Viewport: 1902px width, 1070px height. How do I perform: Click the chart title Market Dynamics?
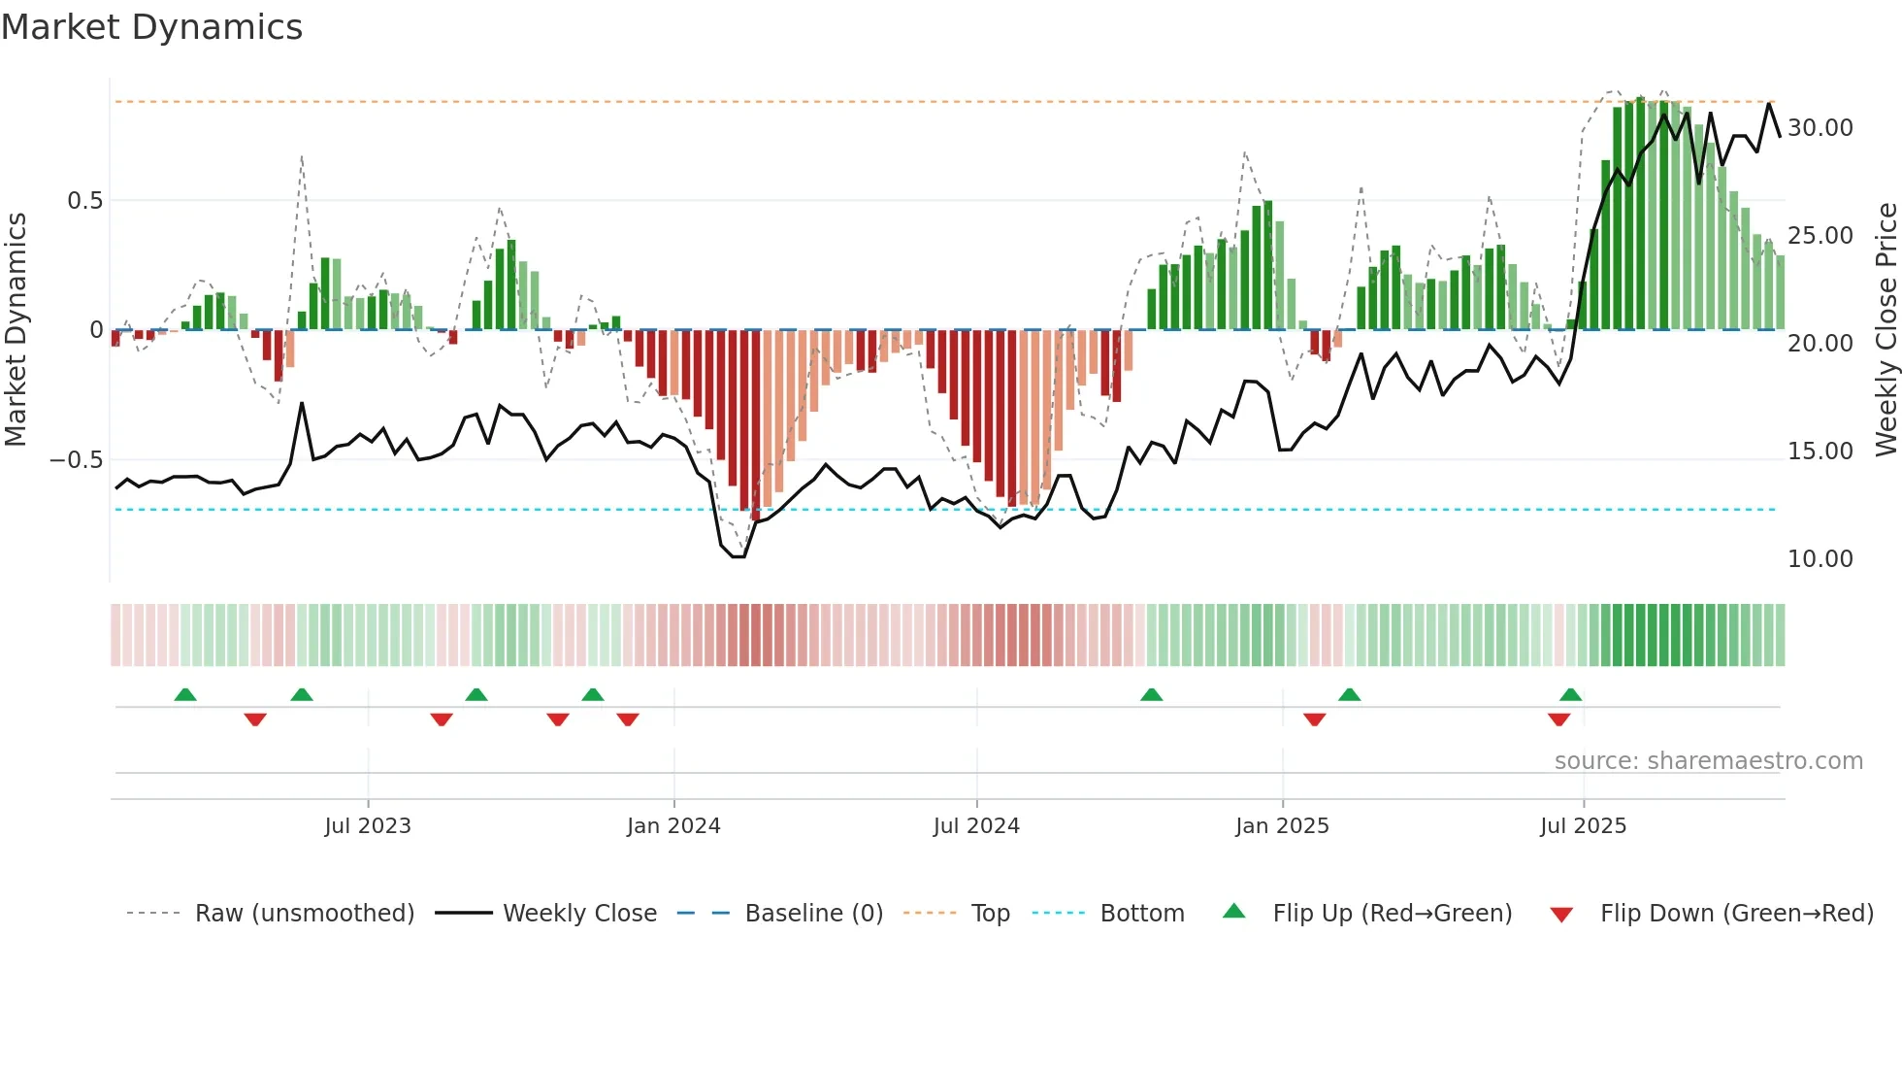click(152, 27)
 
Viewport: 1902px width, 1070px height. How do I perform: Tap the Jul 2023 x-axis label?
click(368, 826)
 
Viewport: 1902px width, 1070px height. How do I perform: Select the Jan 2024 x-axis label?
click(673, 826)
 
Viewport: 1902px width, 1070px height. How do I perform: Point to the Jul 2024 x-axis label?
click(976, 826)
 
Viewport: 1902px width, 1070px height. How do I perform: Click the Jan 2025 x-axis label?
click(1282, 826)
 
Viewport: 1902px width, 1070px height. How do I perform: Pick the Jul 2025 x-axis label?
click(1583, 826)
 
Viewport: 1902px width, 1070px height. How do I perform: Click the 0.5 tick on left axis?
click(84, 201)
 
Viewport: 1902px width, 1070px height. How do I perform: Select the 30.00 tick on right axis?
click(1820, 128)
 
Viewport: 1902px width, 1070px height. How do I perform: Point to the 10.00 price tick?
click(1820, 559)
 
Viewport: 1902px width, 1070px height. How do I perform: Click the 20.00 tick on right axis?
click(1820, 344)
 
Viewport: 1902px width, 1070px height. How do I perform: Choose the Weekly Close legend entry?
click(579, 914)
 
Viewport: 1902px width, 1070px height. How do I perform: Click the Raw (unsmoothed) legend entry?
click(304, 914)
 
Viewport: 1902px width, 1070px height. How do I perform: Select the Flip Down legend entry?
click(1736, 914)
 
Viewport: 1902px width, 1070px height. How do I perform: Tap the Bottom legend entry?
click(1141, 914)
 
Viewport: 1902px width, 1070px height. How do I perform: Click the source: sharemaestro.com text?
click(1708, 761)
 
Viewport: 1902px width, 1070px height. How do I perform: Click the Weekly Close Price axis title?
click(1886, 330)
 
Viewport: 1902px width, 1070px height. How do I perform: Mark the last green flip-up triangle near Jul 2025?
click(1570, 694)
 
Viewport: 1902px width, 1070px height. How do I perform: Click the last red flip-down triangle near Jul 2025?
click(1558, 719)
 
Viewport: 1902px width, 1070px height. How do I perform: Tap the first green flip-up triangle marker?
click(185, 694)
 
